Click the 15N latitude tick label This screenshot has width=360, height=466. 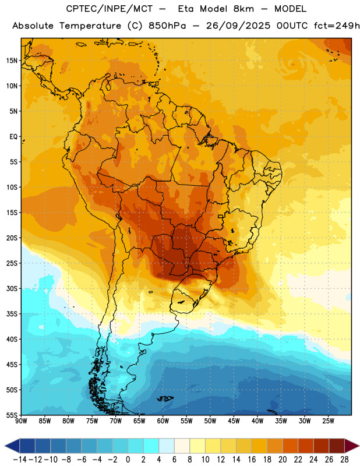12,61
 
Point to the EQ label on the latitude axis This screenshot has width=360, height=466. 13,137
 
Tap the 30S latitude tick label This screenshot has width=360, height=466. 12,288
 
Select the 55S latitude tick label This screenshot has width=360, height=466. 12,415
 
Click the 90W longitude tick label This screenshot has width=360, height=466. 22,421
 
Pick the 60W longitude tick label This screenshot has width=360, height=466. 163,421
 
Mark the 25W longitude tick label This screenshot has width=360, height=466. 328,421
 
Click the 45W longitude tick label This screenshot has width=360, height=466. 234,421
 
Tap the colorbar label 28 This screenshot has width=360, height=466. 344,460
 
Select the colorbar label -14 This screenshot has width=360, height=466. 20,460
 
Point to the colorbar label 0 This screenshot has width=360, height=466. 128,460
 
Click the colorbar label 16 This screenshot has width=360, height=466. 252,460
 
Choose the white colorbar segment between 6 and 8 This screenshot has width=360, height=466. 182,446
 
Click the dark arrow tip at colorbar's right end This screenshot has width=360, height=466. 358,446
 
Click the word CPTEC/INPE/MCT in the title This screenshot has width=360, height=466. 109,9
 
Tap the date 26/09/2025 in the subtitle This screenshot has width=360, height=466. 238,26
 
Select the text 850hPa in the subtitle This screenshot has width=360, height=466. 167,26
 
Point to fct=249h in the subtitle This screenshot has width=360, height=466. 337,26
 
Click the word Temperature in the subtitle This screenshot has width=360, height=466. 90,26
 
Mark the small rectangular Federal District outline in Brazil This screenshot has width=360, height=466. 221,216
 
